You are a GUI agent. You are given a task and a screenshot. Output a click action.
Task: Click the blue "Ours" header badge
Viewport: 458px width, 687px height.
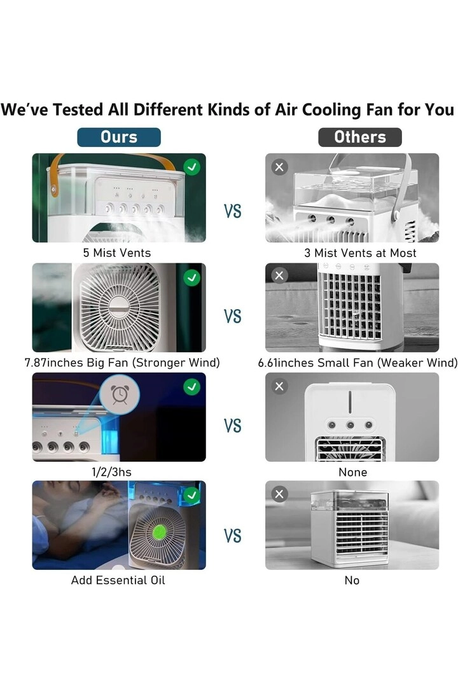tap(119, 137)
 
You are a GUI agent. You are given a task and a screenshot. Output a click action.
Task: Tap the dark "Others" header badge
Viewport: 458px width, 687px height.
tap(359, 137)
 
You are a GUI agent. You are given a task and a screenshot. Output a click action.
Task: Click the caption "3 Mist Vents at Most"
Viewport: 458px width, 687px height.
tap(360, 253)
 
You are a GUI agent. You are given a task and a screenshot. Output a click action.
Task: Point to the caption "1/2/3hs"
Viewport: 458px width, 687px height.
tap(112, 472)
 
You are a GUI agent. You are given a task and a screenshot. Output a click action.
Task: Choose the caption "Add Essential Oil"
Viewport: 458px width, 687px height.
tap(118, 580)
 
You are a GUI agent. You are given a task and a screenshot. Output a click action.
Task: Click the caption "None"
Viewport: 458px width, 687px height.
tap(352, 472)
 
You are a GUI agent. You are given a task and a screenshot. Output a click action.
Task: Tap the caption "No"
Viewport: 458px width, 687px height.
tap(352, 580)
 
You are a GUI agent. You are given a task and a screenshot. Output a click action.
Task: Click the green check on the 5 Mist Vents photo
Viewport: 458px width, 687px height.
tap(191, 167)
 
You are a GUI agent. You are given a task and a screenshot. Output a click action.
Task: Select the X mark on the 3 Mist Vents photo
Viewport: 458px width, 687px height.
tap(279, 167)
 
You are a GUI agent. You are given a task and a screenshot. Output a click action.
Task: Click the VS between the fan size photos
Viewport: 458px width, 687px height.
tap(233, 316)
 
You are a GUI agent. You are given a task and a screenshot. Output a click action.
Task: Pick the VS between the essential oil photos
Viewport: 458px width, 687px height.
tap(233, 536)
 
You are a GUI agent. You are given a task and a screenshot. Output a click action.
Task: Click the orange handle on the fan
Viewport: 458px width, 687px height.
tap(56, 172)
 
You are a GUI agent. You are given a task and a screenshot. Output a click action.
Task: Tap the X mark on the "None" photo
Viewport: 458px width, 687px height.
tap(279, 386)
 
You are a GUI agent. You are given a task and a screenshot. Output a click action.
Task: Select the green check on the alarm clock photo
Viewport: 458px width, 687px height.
tap(191, 386)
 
